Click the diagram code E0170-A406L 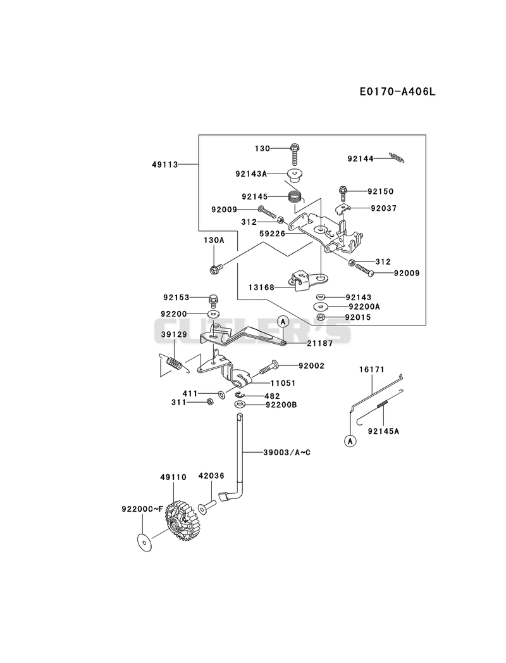tap(397, 91)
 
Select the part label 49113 tap(165, 164)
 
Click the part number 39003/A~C tap(287, 452)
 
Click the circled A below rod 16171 tap(350, 441)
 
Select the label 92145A tap(383, 431)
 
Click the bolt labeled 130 tap(294, 155)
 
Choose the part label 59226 tap(273, 234)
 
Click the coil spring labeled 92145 tap(295, 196)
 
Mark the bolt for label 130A tap(216, 267)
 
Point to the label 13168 tap(261, 287)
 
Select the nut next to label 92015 tap(321, 317)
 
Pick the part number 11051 tap(283, 383)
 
